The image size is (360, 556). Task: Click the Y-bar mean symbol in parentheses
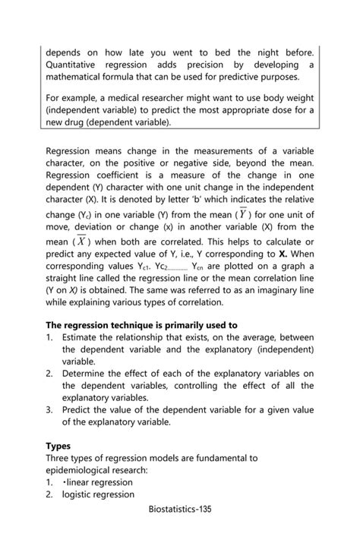[x=243, y=213]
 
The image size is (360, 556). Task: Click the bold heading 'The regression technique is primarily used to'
[x=141, y=325]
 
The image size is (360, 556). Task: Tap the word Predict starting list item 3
[x=80, y=410]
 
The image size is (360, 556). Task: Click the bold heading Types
[x=58, y=446]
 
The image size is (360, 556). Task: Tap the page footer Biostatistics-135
[x=180, y=509]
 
